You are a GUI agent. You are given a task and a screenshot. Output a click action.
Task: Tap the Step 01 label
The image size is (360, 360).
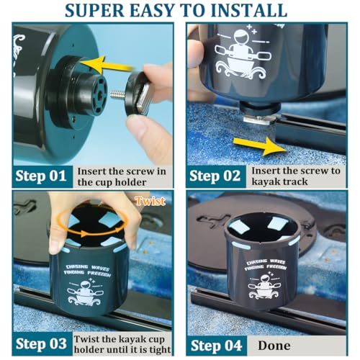41,176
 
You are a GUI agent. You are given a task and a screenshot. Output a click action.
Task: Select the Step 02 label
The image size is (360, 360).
215,176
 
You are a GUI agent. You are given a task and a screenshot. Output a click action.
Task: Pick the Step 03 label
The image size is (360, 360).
41,343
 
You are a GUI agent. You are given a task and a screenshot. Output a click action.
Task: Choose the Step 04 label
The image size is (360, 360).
216,346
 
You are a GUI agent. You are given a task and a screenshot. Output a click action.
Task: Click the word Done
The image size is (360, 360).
274,346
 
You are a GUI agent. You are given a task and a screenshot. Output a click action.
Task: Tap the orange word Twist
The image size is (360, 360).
150,201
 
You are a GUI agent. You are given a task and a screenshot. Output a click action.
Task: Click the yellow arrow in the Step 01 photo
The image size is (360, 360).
106,64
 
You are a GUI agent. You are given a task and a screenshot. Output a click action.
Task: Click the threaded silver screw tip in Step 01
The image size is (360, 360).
117,94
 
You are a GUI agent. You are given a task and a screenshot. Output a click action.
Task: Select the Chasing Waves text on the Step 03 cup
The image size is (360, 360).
89,267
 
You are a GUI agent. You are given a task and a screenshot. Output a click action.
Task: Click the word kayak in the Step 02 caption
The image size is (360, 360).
263,182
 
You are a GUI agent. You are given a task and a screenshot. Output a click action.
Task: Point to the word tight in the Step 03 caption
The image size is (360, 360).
160,350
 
